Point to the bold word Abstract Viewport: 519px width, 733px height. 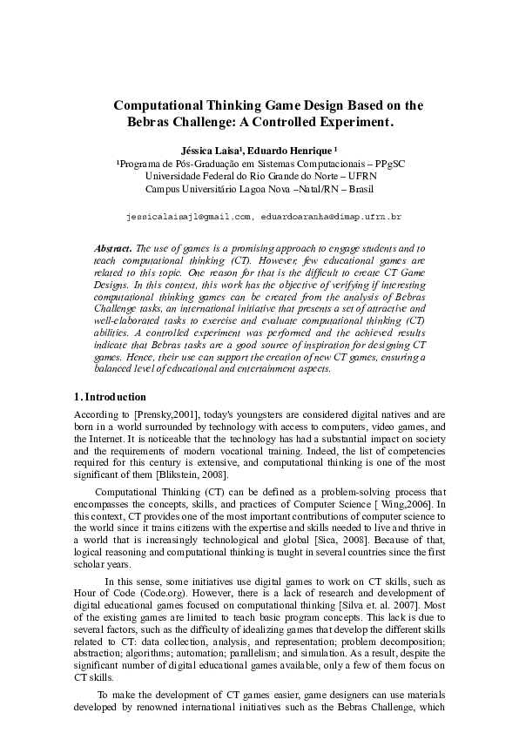[112, 248]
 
